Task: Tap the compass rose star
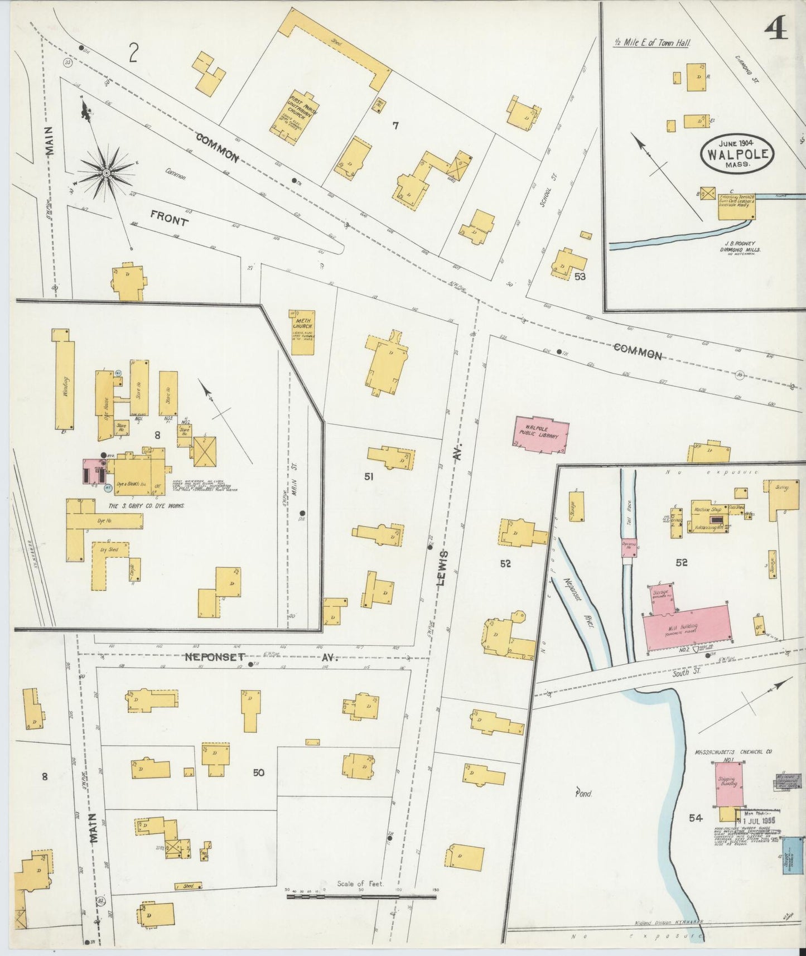[105, 174]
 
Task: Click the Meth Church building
[303, 332]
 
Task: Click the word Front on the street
[168, 221]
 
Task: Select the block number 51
[369, 476]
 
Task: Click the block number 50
[258, 772]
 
